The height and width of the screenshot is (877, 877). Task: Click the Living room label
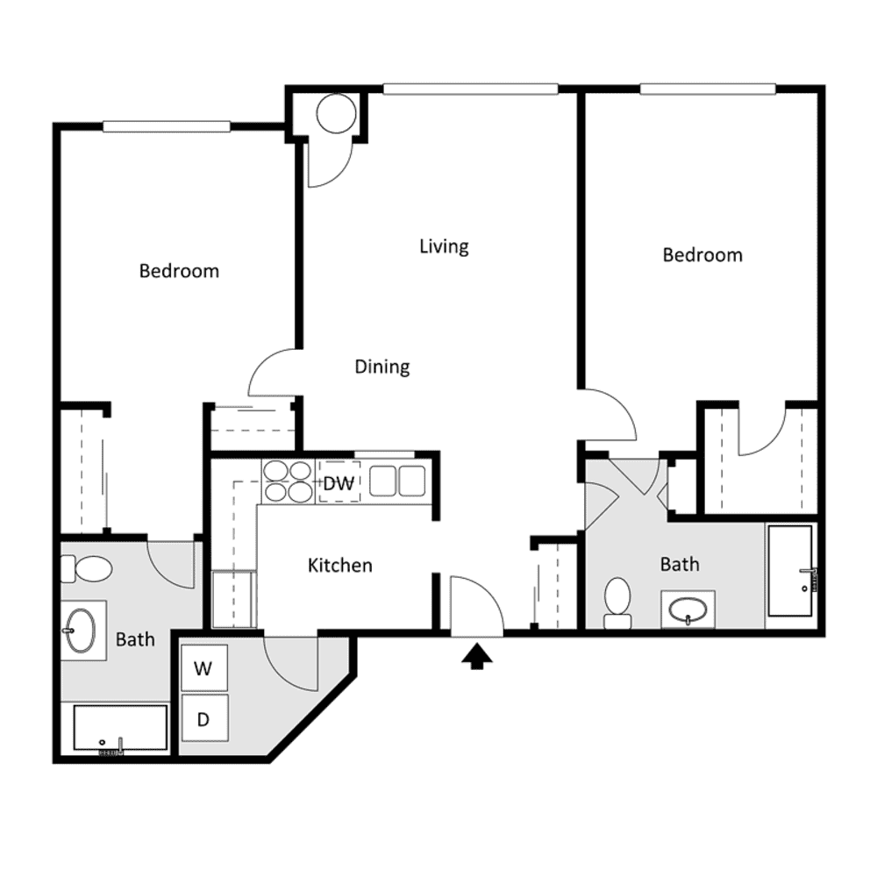(x=444, y=246)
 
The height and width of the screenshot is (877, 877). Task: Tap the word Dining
(x=382, y=367)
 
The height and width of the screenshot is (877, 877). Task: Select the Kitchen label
(x=340, y=566)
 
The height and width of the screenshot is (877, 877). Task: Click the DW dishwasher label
(x=339, y=483)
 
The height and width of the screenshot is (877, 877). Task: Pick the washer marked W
(x=204, y=667)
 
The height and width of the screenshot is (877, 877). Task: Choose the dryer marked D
(x=204, y=719)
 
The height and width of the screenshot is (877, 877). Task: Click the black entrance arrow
(x=476, y=656)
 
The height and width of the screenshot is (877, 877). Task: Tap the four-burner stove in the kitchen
(x=288, y=481)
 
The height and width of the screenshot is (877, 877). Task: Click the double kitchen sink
(x=397, y=481)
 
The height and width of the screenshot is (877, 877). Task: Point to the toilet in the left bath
(x=87, y=569)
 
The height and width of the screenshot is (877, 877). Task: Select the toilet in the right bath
(x=617, y=603)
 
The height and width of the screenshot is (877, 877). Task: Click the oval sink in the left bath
(x=80, y=631)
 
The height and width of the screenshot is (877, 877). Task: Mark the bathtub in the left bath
(x=121, y=728)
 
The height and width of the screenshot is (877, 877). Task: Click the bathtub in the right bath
(x=790, y=571)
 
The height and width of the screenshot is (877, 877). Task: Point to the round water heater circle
(x=336, y=113)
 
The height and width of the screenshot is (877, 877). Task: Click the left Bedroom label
(x=179, y=271)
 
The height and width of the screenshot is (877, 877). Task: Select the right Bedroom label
(x=702, y=255)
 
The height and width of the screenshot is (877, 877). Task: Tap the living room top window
(x=470, y=89)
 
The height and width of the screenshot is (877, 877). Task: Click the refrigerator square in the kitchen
(x=234, y=599)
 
